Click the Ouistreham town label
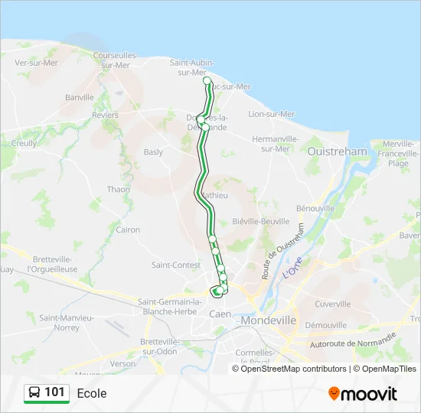point(337,151)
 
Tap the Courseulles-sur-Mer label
point(115,60)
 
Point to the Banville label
point(79,97)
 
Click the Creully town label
point(24,143)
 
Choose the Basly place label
point(153,152)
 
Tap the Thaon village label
point(119,189)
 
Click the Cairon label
point(128,229)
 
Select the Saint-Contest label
point(175,265)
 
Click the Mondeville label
point(268,320)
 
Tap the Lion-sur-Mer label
point(271,114)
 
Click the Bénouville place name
point(315,208)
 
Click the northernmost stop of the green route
point(207,80)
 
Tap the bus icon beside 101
point(34,393)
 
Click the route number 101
point(54,392)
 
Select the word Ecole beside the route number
point(92,393)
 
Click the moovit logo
point(363,393)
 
